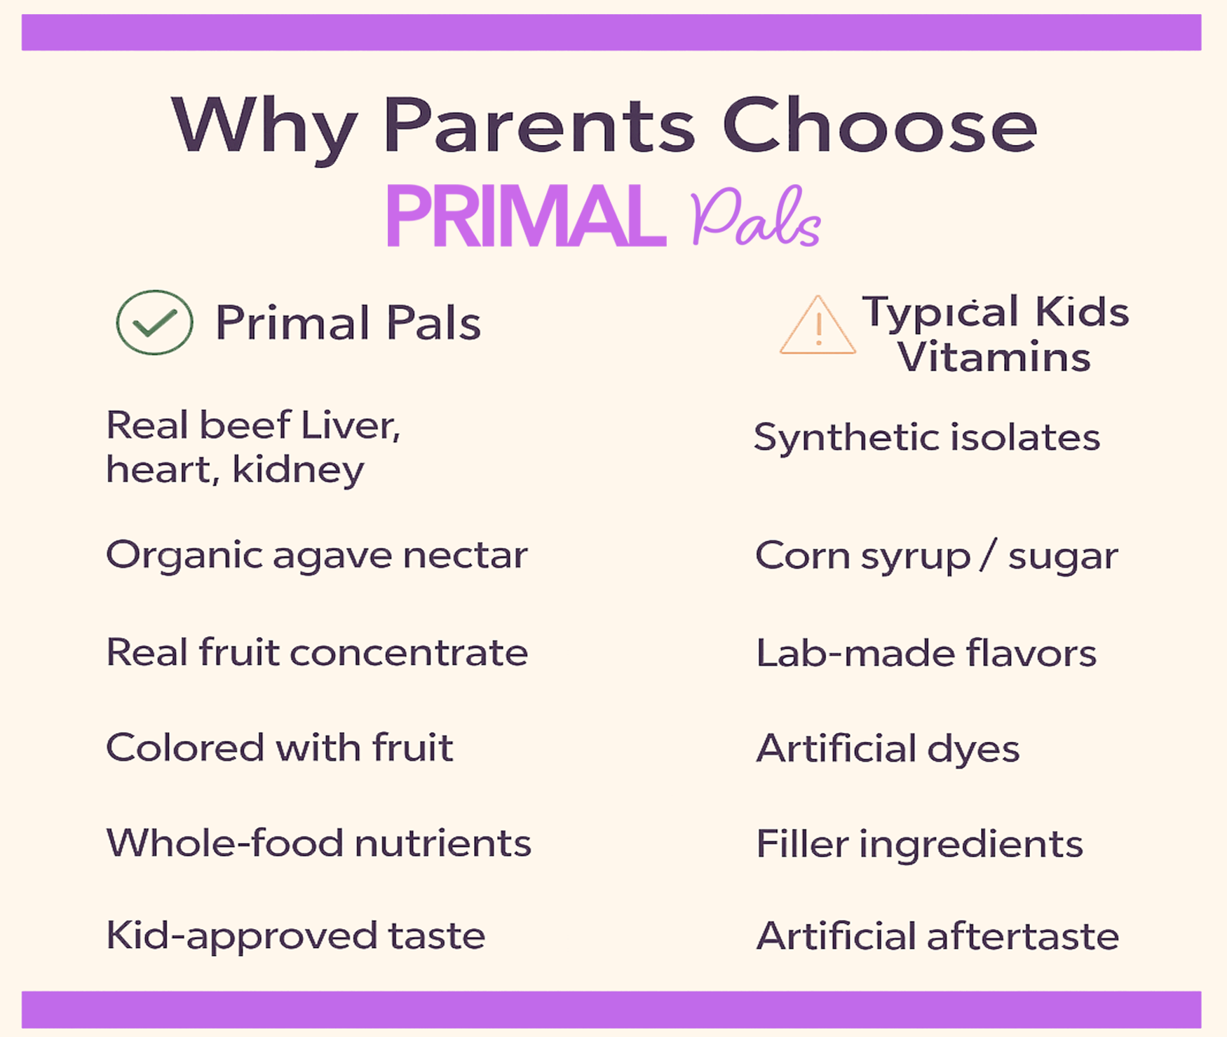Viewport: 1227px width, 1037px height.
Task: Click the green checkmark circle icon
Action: click(155, 322)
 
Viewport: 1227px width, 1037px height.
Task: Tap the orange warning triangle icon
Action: click(818, 325)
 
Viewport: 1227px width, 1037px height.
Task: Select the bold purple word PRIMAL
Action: click(526, 216)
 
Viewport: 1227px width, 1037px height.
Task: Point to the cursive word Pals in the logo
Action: click(755, 217)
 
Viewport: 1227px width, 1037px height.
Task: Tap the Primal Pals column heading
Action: click(348, 323)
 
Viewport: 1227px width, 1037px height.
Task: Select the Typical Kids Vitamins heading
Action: click(995, 334)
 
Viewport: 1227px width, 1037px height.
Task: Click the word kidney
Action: click(298, 469)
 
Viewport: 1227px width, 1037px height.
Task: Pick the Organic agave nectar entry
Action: click(317, 556)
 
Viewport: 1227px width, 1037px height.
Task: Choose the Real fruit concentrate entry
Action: click(317, 652)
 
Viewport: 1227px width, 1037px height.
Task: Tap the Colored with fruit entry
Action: click(280, 747)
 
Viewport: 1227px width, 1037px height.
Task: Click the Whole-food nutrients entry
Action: click(319, 842)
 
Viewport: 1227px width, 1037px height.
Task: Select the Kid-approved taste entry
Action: click(296, 935)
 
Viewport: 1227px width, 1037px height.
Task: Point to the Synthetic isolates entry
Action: click(927, 438)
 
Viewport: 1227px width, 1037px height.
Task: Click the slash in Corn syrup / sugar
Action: click(989, 556)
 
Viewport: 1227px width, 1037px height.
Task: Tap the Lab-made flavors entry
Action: click(926, 653)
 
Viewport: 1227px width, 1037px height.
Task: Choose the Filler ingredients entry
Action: click(920, 844)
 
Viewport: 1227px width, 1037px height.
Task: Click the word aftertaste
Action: click(1023, 936)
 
